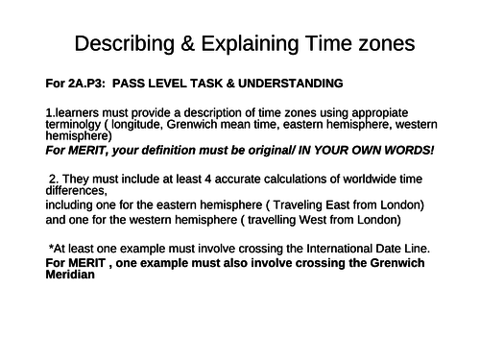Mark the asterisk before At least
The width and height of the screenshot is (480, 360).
click(51, 248)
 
